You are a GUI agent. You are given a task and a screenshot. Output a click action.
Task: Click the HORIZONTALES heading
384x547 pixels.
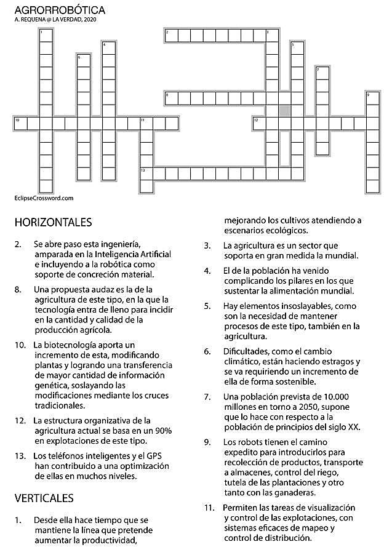point(53,222)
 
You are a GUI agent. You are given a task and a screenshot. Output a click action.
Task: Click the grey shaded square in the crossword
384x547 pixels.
point(284,110)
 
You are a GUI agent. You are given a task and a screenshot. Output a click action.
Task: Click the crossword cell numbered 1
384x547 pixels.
point(46,34)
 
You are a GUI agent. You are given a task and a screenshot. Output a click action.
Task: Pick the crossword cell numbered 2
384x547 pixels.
point(170,35)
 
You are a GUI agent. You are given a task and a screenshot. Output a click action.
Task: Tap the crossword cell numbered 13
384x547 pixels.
point(146,174)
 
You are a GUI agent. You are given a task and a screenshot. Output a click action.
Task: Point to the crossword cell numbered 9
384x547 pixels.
point(372,98)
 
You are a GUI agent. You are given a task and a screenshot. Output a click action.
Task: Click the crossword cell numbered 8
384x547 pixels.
point(170,98)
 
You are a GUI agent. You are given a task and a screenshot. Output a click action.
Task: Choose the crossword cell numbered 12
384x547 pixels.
point(259,124)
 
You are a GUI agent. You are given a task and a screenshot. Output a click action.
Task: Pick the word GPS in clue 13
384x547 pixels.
point(150,456)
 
